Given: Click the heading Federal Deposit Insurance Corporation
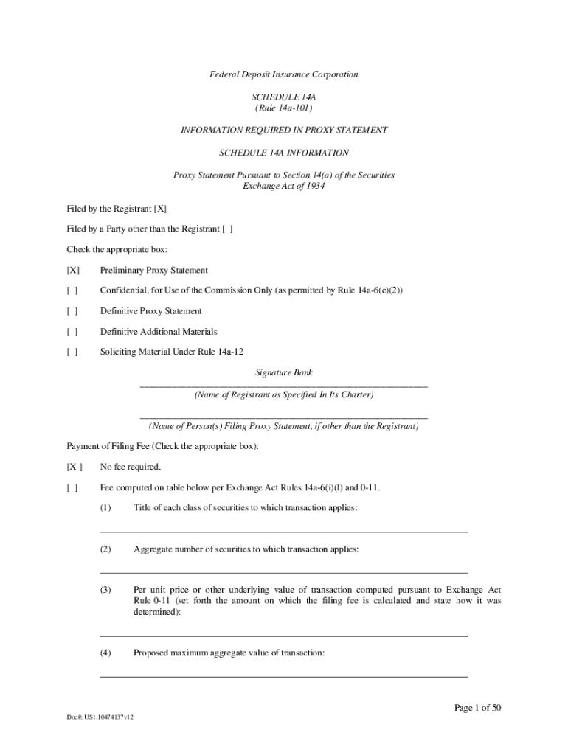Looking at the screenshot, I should point(284,74).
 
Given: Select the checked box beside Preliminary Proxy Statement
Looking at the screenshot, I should point(73,271).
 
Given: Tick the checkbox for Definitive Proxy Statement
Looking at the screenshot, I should point(72,311).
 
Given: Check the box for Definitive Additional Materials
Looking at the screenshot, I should point(72,332).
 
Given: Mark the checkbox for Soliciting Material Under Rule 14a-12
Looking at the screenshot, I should point(72,352).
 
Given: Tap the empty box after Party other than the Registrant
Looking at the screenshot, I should point(227,229).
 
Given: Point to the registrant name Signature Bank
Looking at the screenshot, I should point(284,373).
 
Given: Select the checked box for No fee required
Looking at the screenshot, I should point(75,467).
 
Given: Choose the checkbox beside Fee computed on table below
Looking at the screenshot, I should point(72,487).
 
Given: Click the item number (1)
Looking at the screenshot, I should point(106,508).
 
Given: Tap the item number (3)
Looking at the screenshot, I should point(106,590).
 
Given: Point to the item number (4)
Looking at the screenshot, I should point(106,653).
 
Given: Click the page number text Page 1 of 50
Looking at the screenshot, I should point(478,709).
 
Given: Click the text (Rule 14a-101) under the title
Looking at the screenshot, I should point(284,108).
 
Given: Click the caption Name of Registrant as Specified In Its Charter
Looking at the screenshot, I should point(284,395).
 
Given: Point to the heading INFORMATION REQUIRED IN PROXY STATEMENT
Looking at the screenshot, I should point(284,131).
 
